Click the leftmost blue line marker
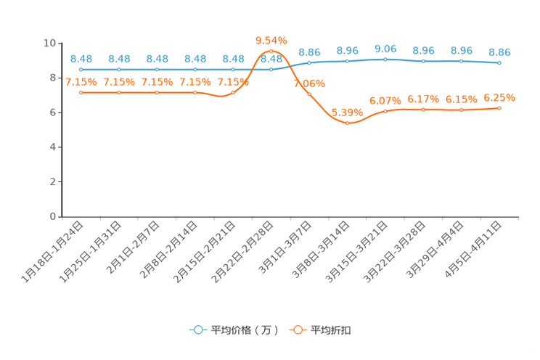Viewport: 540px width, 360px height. point(81,69)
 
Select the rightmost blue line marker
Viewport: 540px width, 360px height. point(499,63)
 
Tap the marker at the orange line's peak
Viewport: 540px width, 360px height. point(271,51)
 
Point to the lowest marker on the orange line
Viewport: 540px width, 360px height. point(348,123)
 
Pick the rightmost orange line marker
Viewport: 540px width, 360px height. point(499,108)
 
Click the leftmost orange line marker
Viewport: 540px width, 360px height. point(81,93)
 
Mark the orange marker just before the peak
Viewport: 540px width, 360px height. point(233,92)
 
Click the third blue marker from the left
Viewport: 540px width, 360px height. point(157,69)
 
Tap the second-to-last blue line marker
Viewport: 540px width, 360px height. point(461,61)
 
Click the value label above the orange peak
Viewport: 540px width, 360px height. point(271,39)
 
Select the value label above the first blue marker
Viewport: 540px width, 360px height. point(81,58)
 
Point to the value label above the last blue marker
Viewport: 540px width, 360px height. point(499,52)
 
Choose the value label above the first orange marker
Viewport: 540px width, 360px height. point(81,82)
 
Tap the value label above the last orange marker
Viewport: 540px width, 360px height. point(499,97)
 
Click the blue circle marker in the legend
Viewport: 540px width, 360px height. point(198,330)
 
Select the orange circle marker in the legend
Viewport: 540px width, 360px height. point(298,330)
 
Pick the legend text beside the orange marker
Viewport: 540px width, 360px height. point(332,330)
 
